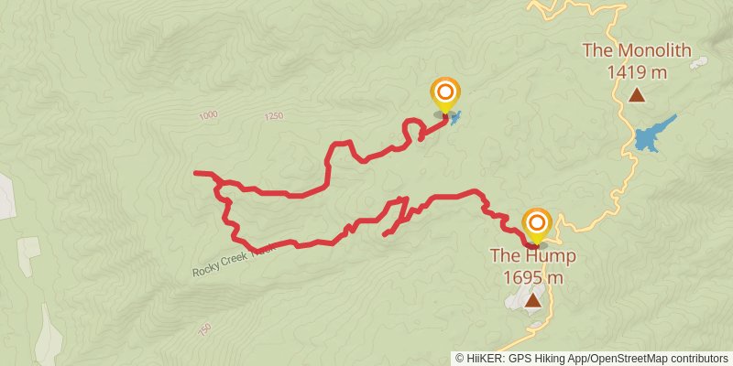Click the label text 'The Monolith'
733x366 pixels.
tap(636, 50)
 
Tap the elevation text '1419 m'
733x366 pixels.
tap(636, 70)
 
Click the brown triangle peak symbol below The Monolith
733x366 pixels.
tap(636, 94)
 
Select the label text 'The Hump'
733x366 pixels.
tap(532, 256)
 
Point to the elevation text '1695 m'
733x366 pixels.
tap(532, 276)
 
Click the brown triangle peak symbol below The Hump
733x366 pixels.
tap(532, 299)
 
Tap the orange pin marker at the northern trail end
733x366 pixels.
tap(445, 92)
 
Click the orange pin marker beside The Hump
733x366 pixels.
tap(537, 224)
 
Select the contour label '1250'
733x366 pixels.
tap(272, 116)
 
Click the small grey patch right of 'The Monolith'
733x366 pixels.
tap(699, 63)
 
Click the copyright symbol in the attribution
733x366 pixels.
tap(460, 358)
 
